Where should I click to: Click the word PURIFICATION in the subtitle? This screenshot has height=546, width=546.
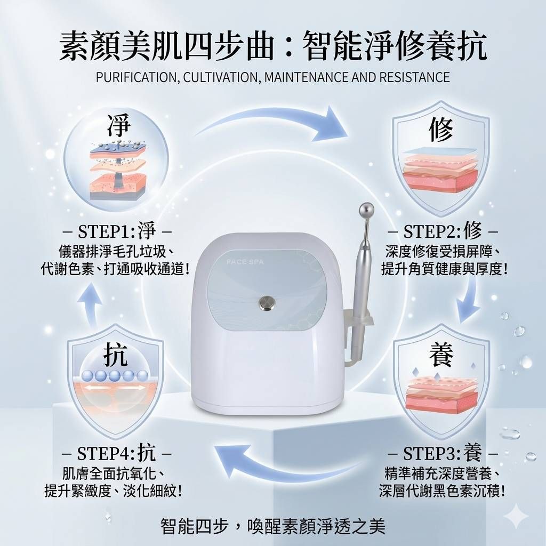tap(136, 77)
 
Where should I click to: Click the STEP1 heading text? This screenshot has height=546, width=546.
tap(117, 231)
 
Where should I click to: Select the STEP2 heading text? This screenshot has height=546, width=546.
tap(443, 231)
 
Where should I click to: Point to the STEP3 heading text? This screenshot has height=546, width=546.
tap(443, 453)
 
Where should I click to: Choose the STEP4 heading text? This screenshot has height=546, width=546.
tap(116, 453)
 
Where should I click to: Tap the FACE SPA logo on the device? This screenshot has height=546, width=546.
tap(245, 261)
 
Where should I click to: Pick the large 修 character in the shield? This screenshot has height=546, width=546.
tap(441, 129)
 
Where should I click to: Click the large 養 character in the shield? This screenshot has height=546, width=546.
tap(441, 354)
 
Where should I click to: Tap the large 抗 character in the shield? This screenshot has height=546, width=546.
tap(115, 354)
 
